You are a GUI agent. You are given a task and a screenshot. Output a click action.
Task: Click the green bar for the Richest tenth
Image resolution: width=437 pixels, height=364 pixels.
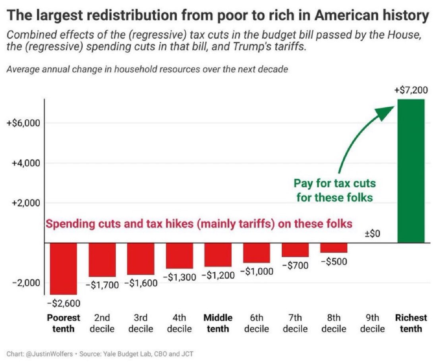coord(411,171)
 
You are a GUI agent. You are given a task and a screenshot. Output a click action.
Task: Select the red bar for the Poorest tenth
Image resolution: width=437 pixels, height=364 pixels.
coord(63,268)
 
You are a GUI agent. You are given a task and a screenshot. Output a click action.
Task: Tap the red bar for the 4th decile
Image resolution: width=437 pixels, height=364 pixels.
coord(179,256)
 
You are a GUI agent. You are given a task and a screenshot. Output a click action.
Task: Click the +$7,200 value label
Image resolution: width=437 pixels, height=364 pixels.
coord(411,91)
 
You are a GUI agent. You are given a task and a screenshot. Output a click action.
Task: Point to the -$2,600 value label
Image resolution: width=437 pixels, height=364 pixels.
coord(64,304)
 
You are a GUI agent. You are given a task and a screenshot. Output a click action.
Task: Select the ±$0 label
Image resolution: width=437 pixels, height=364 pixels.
coord(373,234)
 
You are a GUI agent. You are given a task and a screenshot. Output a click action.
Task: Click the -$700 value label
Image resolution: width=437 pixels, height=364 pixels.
coord(296,266)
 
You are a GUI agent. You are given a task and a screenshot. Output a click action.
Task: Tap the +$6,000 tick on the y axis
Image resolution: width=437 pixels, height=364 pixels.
coord(23,123)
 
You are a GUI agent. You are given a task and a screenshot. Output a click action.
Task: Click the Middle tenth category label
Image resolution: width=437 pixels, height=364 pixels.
coord(218,323)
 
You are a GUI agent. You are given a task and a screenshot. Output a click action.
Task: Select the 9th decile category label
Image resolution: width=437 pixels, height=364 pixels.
coord(373,323)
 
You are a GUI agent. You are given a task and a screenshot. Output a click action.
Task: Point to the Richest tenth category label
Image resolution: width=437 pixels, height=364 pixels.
coord(411,323)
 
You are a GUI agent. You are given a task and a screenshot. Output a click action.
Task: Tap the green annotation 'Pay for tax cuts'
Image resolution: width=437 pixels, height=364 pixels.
coord(335,184)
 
